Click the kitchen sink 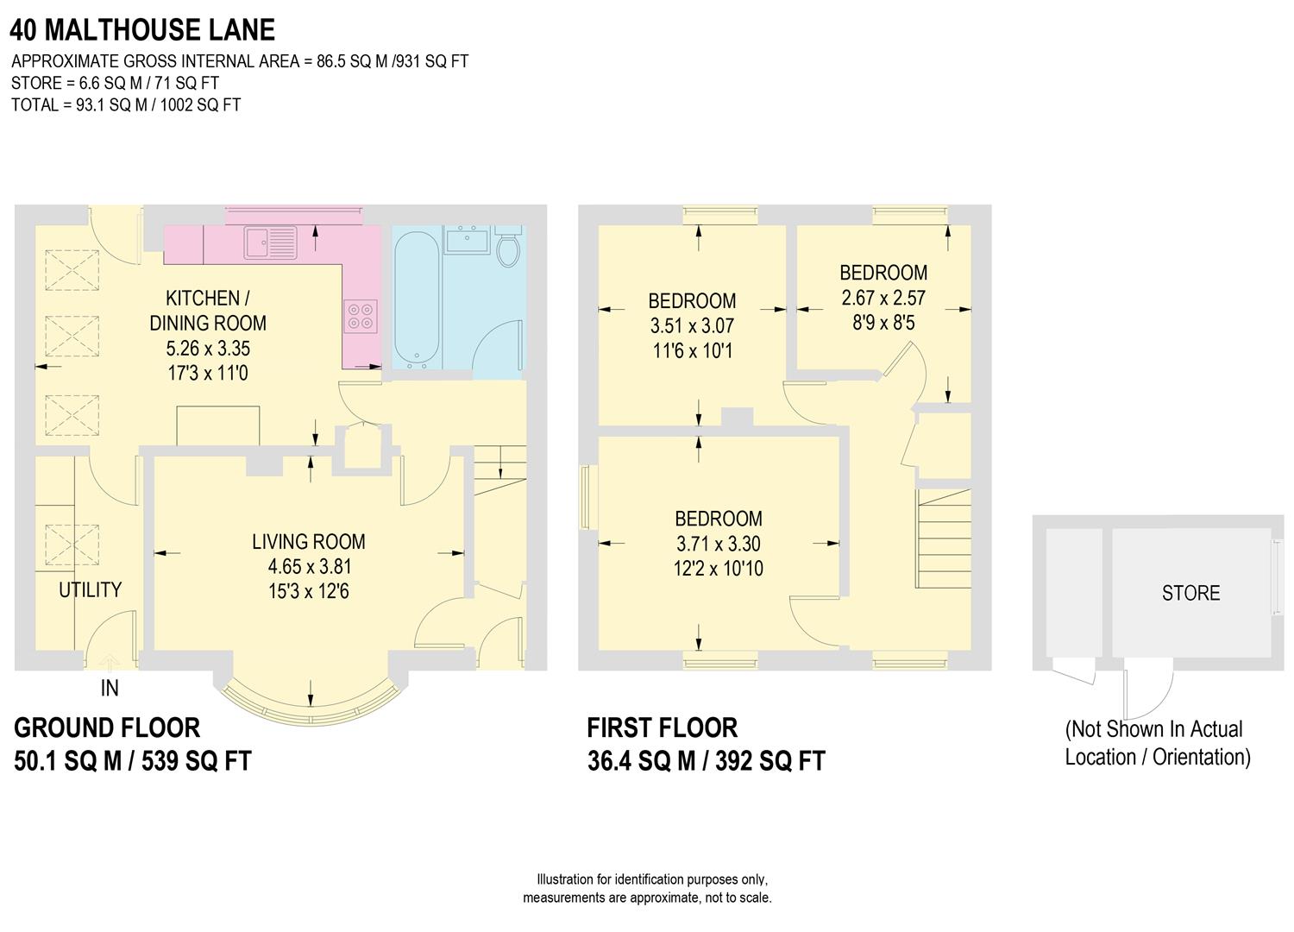pos(270,242)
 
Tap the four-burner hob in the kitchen pos(361,315)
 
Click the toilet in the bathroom pos(509,247)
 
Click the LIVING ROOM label pos(309,542)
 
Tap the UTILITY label pos(90,590)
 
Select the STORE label pos(1190,594)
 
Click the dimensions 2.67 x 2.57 pos(883,298)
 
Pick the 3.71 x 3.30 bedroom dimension pos(719,544)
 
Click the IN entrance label pos(110,688)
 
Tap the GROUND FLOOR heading pos(107,728)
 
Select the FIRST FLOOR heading pos(662,728)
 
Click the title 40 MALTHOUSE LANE pos(142,30)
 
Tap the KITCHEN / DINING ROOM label pos(208,311)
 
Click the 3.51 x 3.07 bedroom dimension pos(692,326)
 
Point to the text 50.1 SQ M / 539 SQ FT pos(133,761)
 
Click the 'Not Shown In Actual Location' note pos(1157,743)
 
